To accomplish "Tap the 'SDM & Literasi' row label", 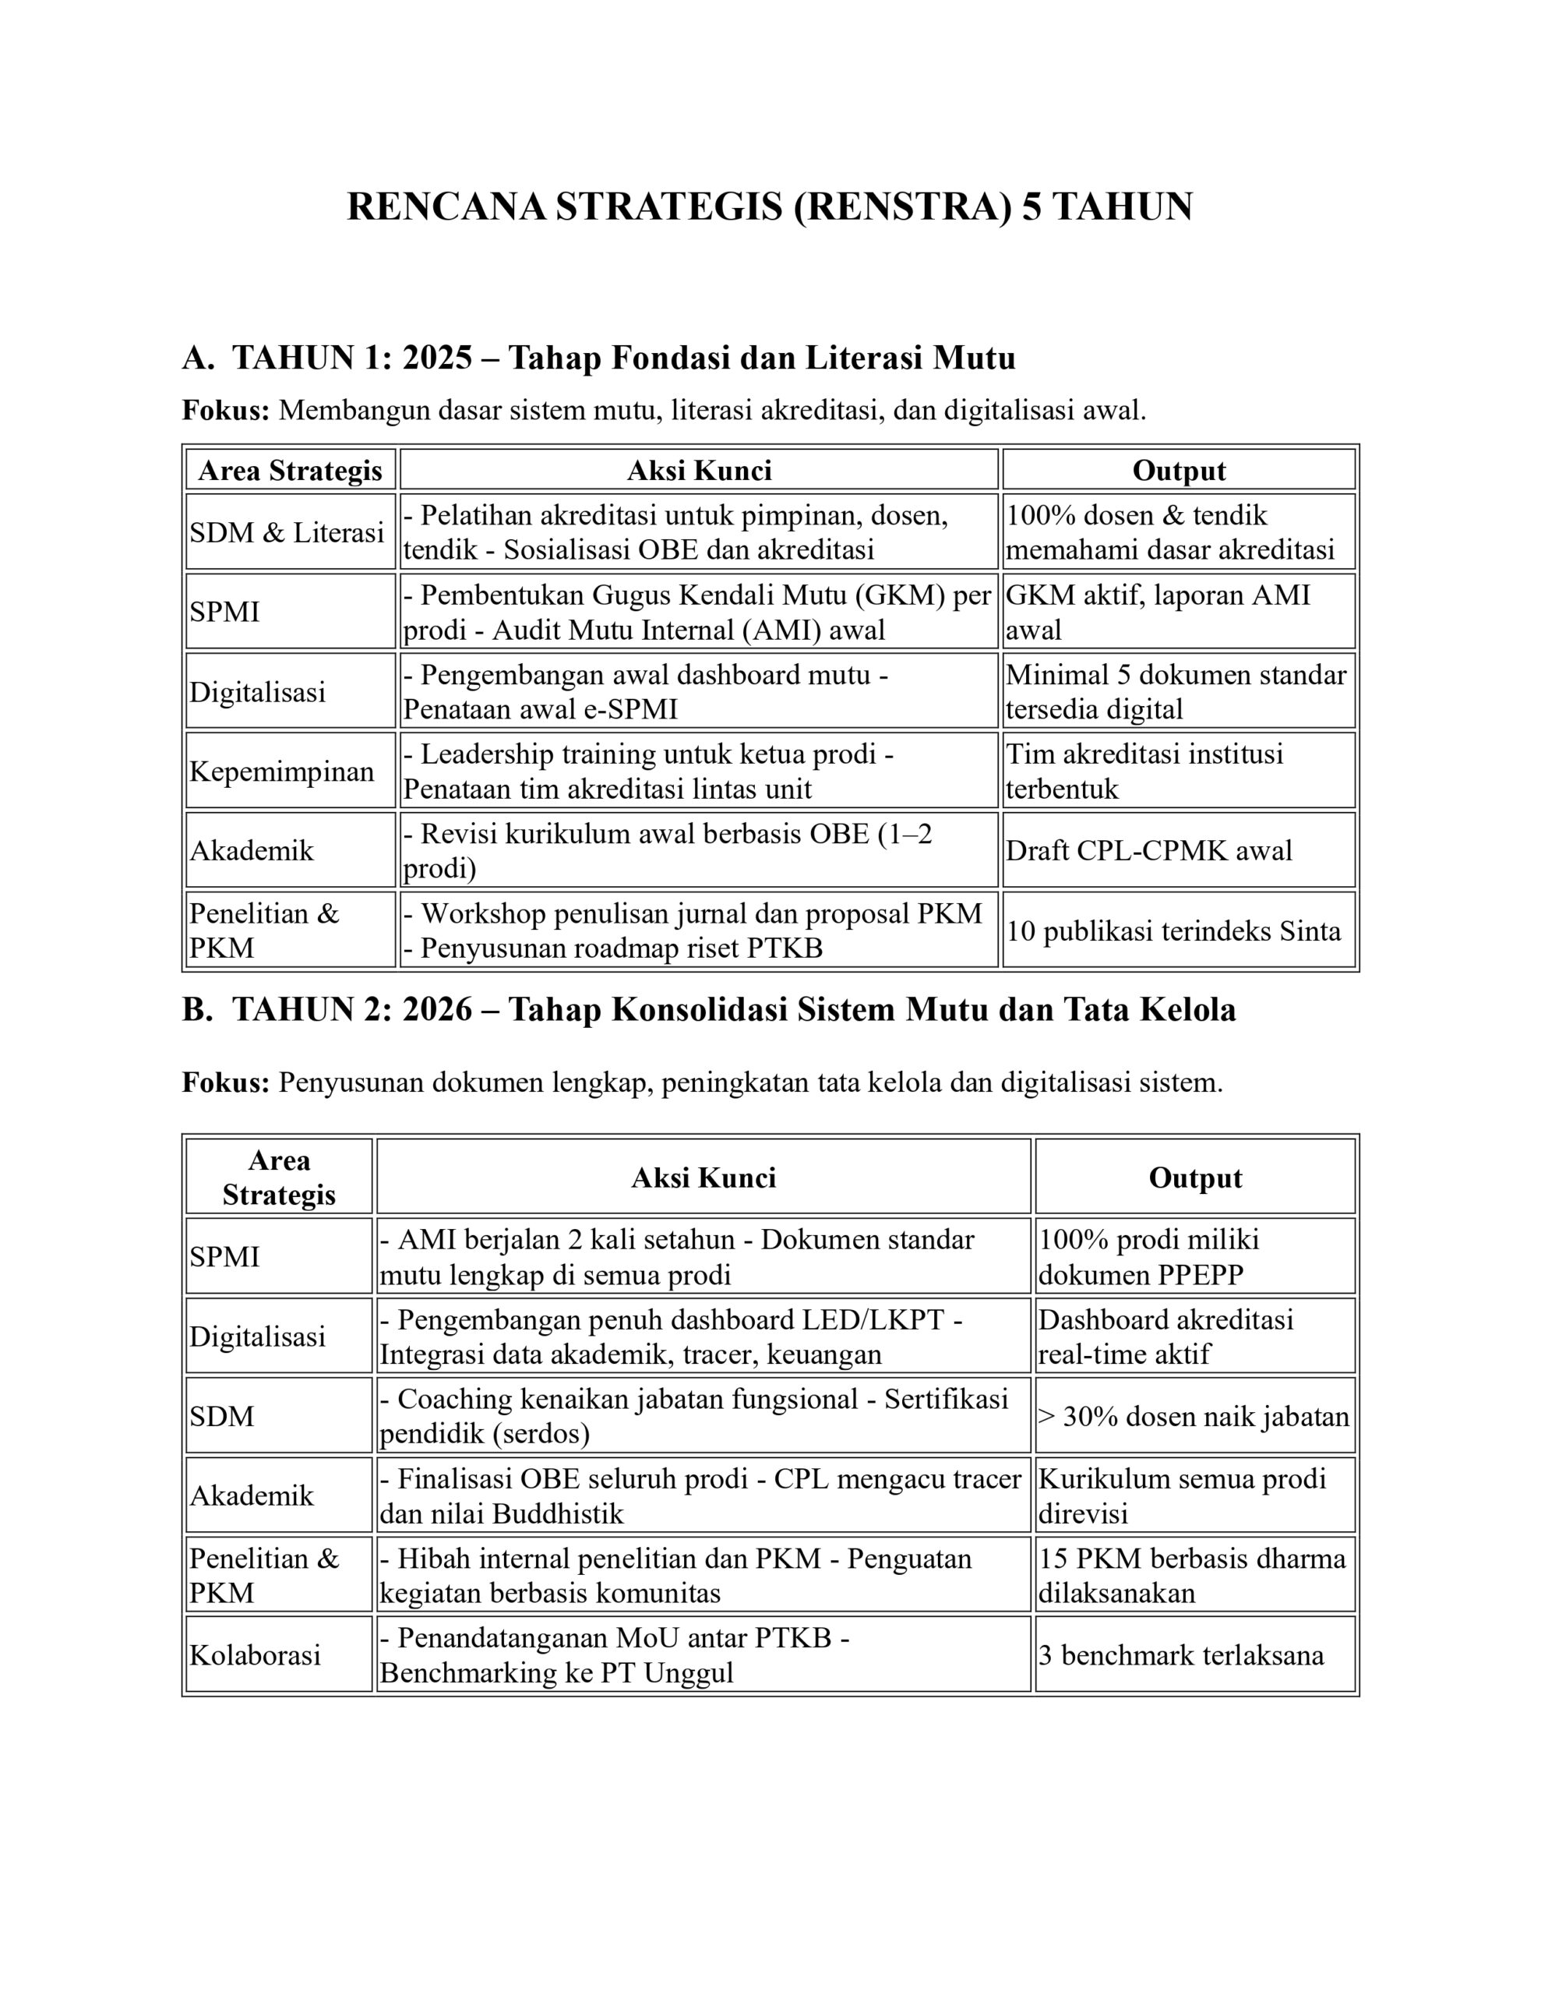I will (287, 531).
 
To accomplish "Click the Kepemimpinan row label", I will (281, 771).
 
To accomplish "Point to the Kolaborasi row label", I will (255, 1655).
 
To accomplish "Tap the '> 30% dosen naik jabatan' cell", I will (1193, 1416).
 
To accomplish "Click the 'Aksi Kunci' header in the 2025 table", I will (699, 471).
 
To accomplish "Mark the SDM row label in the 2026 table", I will (221, 1416).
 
